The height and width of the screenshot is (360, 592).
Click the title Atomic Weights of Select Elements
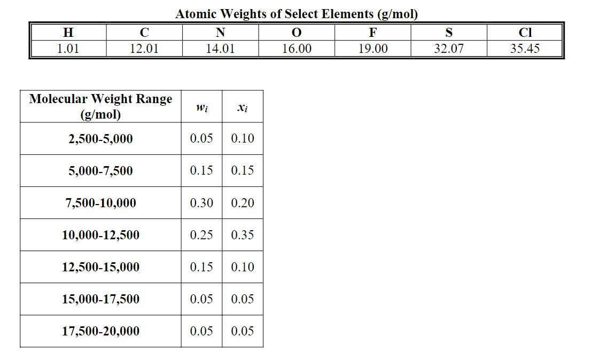(x=297, y=14)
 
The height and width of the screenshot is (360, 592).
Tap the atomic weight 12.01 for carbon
(x=144, y=49)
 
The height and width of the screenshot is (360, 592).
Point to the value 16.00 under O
(x=297, y=49)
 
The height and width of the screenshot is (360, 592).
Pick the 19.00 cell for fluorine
(x=373, y=49)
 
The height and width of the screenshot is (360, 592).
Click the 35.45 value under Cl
(x=525, y=49)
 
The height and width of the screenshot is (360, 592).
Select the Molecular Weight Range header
(x=100, y=106)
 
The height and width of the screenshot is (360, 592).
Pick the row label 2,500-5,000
(x=100, y=139)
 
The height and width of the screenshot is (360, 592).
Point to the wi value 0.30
(x=201, y=203)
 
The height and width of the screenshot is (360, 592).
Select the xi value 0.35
(x=243, y=235)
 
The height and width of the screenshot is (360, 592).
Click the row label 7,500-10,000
(x=100, y=203)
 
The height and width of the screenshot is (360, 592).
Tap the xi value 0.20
(x=243, y=203)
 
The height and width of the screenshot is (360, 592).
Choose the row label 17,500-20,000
(x=100, y=331)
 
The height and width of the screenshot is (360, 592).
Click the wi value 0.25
(x=201, y=235)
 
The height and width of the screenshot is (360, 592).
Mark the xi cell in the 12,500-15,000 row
(x=243, y=267)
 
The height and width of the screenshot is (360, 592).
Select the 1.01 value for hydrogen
(x=68, y=49)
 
